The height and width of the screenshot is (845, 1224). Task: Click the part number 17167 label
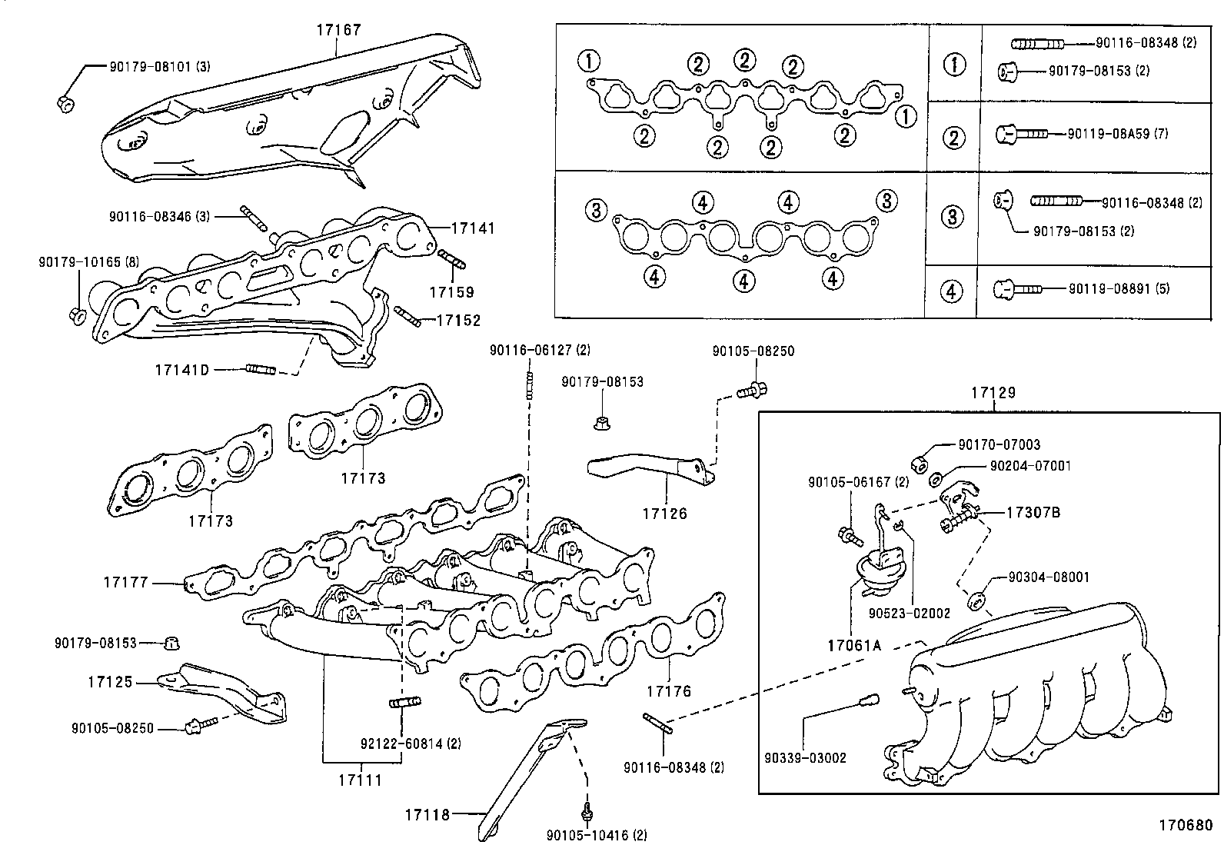pyautogui.click(x=338, y=30)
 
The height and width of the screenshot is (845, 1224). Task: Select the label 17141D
pyautogui.click(x=181, y=370)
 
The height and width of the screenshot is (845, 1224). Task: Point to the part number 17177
pyautogui.click(x=125, y=583)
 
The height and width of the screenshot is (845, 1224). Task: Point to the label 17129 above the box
pyautogui.click(x=993, y=393)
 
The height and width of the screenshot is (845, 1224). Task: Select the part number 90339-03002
pyautogui.click(x=805, y=757)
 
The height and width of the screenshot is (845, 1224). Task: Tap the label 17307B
pyautogui.click(x=1033, y=512)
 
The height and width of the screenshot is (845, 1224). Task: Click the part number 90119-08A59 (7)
pyautogui.click(x=1117, y=134)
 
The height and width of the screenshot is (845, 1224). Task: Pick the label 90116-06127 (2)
pyautogui.click(x=540, y=351)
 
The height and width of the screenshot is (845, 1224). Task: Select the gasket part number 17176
pyautogui.click(x=668, y=690)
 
